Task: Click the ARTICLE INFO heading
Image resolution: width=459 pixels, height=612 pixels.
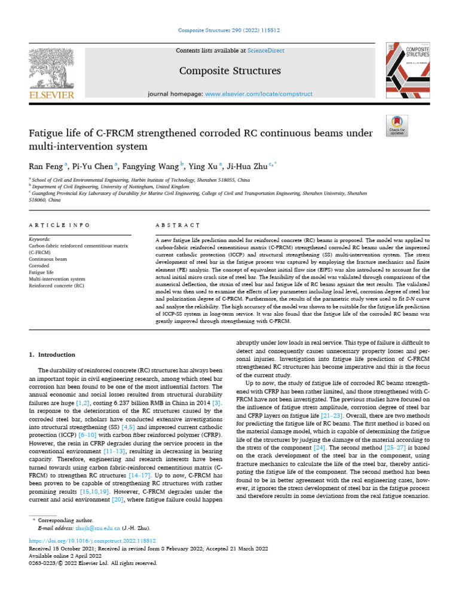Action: pyautogui.click(x=59, y=225)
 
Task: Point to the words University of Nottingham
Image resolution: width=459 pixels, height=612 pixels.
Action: pyautogui.click(x=133, y=186)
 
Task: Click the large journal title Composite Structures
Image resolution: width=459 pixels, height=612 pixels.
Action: pyautogui.click(x=229, y=71)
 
